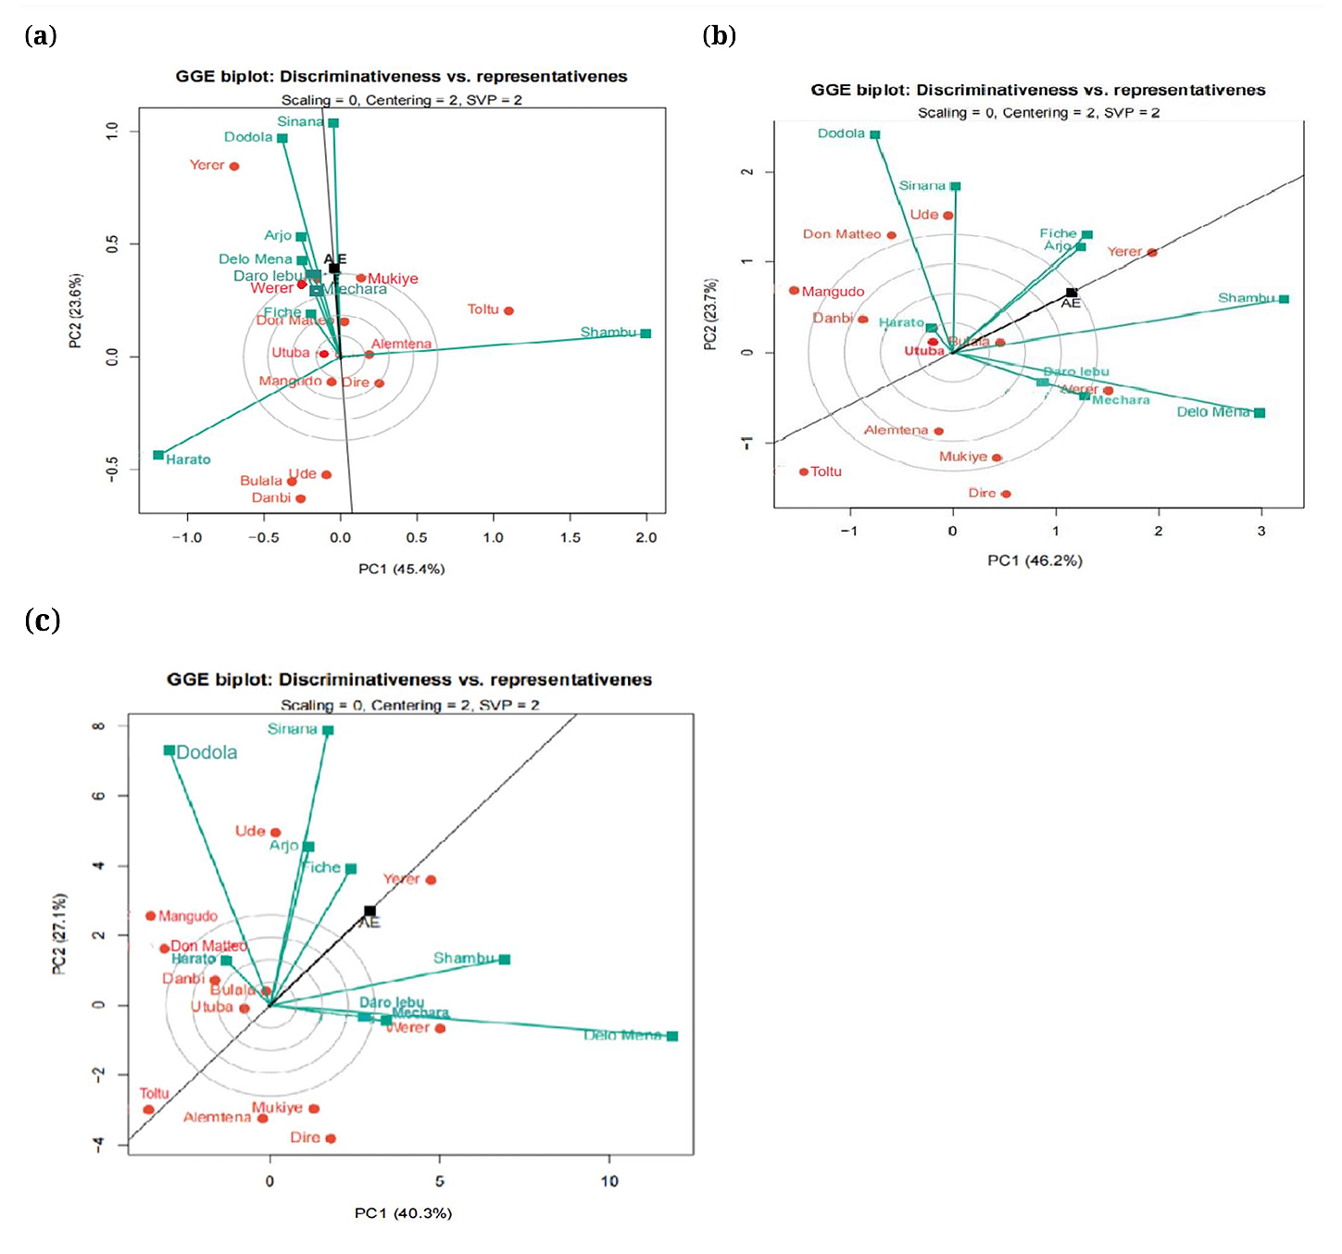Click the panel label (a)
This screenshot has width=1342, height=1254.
(x=41, y=36)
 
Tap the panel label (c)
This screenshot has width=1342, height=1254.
(x=43, y=620)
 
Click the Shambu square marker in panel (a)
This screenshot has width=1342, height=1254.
(x=646, y=333)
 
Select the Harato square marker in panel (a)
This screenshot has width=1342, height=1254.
(x=158, y=455)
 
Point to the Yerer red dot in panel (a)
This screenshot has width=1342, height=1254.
(x=234, y=167)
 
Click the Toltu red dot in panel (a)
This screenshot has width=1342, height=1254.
(x=508, y=311)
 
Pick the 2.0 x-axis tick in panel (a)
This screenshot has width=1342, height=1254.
(x=646, y=538)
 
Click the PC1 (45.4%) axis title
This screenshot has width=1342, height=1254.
(x=401, y=569)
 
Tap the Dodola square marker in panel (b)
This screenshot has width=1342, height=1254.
(x=874, y=135)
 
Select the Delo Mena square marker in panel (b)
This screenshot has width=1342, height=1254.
(x=1260, y=413)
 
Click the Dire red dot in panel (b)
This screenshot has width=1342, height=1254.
(x=1006, y=494)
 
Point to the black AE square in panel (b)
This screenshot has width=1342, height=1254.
(x=1071, y=293)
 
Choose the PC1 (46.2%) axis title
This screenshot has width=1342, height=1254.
(x=1035, y=560)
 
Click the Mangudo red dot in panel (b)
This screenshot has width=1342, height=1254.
(x=794, y=291)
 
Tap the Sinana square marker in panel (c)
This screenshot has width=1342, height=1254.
(x=328, y=731)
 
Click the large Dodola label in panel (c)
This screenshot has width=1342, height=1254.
(x=207, y=753)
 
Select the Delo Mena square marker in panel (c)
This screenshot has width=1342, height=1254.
(x=672, y=1036)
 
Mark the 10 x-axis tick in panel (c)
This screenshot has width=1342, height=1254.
(x=609, y=1181)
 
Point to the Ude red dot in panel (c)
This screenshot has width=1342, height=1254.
(x=275, y=833)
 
